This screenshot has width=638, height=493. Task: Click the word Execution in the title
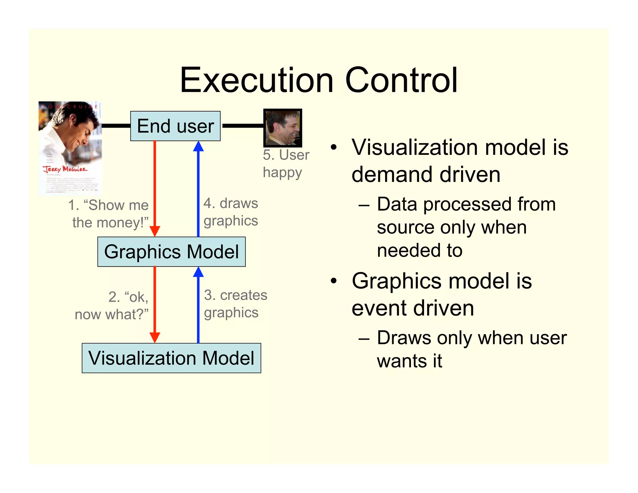[257, 80]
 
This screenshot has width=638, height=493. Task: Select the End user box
[175, 126]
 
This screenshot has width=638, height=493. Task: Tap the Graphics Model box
[171, 252]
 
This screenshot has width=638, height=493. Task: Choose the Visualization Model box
[171, 358]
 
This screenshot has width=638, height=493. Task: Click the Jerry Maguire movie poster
[70, 148]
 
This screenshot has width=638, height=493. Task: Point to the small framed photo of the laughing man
[283, 128]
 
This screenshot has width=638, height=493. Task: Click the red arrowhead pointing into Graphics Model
[155, 231]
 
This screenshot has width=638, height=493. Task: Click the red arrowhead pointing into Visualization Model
[155, 337]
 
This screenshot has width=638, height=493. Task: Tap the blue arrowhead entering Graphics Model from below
[198, 272]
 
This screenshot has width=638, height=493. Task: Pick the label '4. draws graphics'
[231, 212]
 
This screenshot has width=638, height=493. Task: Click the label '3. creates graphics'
[235, 304]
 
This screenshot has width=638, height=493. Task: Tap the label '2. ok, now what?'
[112, 305]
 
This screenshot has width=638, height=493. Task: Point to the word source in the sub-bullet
[405, 227]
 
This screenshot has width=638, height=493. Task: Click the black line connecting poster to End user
[116, 126]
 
